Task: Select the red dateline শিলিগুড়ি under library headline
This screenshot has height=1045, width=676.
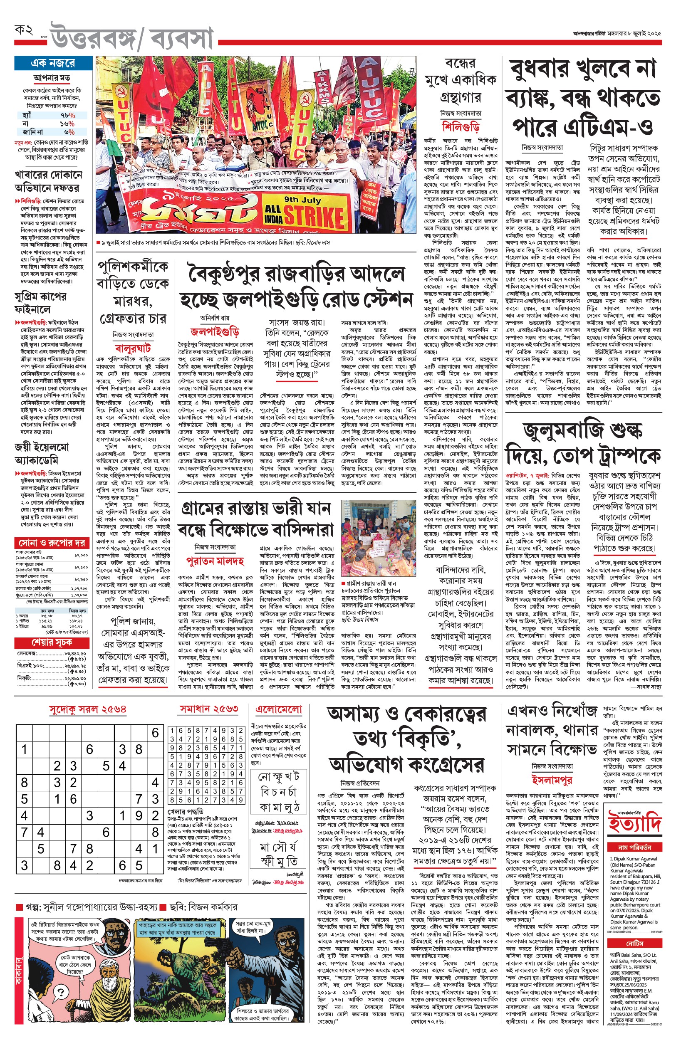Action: tap(461, 127)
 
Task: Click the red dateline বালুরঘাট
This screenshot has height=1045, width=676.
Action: tap(133, 348)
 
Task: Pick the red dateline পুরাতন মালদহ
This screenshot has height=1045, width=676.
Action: tap(215, 561)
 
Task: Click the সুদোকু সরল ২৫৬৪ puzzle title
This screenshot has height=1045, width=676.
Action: tap(87, 709)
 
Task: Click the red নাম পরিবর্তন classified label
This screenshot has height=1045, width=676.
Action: tap(634, 847)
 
